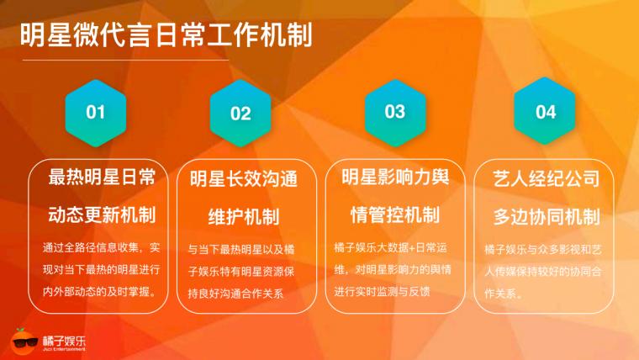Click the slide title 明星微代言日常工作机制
coord(166,34)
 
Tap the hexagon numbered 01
coord(96,113)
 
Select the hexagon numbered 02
coord(240,114)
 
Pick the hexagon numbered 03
coord(395,112)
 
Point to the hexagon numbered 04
coord(545,111)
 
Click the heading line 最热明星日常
coord(102,177)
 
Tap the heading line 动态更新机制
coord(102,214)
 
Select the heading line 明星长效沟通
coord(244,179)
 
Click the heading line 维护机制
coord(244,216)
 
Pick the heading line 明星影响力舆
coord(395,177)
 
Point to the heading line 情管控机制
coord(395,214)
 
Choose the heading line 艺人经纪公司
coord(547,178)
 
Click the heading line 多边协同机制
coord(547,216)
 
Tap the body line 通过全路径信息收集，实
coord(102,247)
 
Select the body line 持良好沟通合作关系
coord(235,294)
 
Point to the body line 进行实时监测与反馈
coord(382,292)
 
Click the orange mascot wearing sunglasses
coord(24,341)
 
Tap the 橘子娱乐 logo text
coord(65,341)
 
